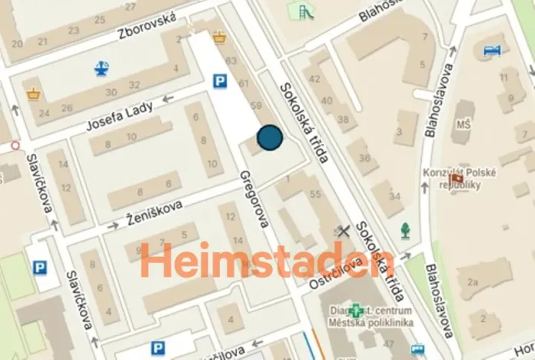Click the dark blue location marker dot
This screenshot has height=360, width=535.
[270, 137]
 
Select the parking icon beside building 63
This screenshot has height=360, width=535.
[221, 79]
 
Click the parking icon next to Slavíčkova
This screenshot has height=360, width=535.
[40, 268]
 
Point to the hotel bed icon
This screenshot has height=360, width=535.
[492, 51]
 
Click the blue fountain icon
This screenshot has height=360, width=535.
[101, 68]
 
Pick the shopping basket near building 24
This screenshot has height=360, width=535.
[34, 94]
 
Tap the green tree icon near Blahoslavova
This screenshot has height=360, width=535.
[404, 229]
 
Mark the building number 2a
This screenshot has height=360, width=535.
[472, 282]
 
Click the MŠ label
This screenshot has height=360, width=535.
[464, 125]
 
